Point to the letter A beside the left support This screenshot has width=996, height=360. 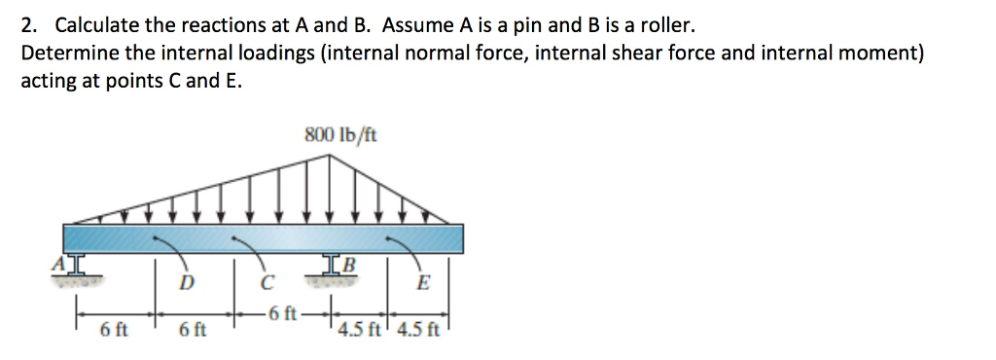click(x=57, y=261)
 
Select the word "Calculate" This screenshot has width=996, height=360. click(x=97, y=22)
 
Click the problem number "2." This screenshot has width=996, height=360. click(x=29, y=22)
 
